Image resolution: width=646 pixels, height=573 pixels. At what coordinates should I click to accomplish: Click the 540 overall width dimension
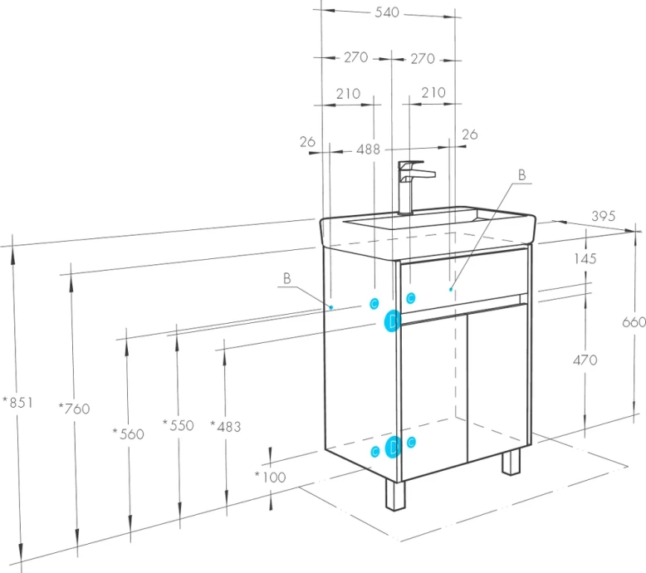388,12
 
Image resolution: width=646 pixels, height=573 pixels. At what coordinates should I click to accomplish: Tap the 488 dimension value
368,149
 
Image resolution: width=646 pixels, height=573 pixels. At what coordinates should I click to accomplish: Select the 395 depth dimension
604,216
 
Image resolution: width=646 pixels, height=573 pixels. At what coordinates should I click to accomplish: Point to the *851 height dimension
17,403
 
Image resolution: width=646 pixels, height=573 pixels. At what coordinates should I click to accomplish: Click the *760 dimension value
75,408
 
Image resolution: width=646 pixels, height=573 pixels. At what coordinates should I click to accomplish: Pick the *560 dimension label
128,433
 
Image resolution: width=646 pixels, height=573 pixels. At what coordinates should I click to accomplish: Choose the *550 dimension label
178,425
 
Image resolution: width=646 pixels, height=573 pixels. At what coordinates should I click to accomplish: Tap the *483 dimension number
226,426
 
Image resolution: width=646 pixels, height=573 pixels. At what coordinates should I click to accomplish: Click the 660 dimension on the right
634,321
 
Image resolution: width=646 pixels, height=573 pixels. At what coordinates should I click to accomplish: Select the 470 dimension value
585,360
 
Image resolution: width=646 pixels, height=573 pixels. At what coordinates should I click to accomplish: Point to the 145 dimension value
585,259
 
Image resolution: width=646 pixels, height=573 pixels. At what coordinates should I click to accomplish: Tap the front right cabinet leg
511,461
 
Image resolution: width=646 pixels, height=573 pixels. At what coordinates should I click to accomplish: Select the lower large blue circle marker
393,448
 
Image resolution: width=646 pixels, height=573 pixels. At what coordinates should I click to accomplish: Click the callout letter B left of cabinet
286,279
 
